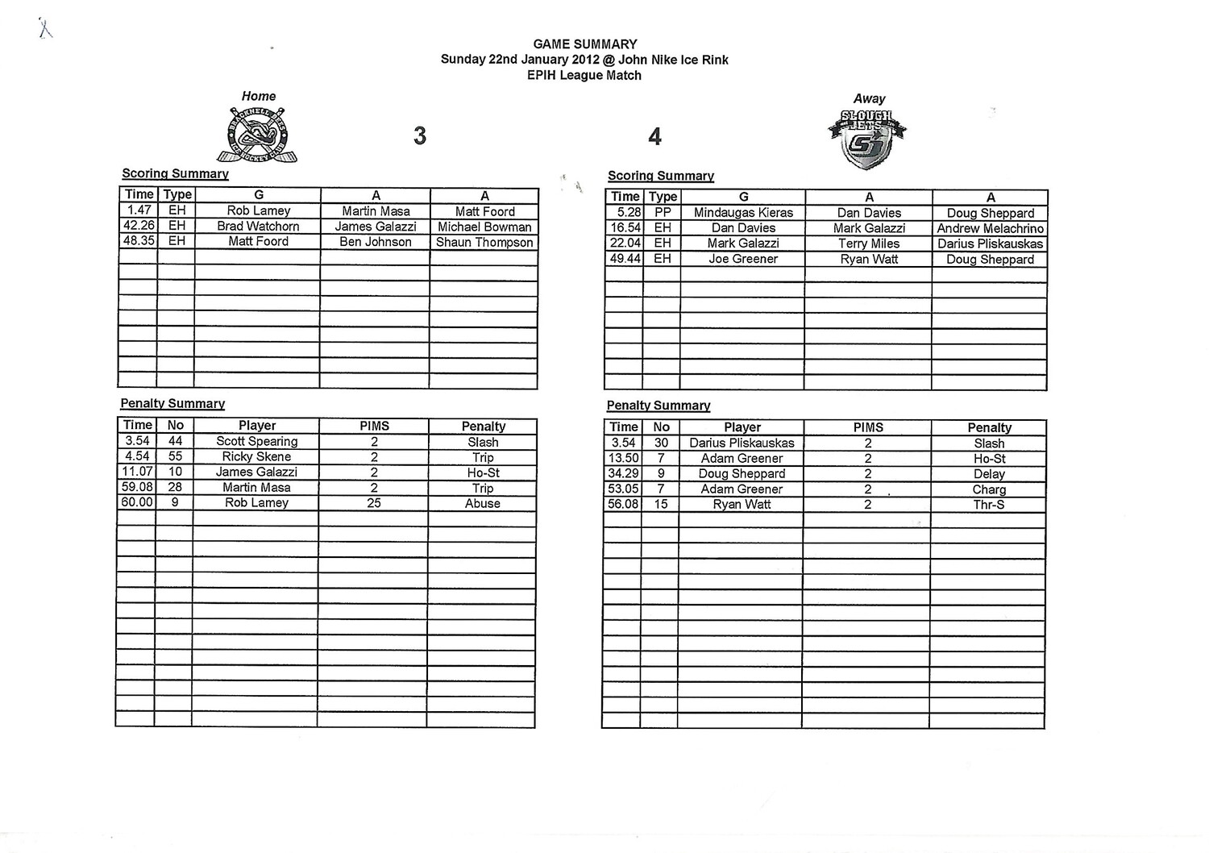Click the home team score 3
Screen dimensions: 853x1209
[x=419, y=135]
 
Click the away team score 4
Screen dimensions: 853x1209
[x=654, y=137]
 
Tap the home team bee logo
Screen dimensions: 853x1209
[x=257, y=135]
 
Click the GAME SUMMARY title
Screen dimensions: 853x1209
[x=584, y=44]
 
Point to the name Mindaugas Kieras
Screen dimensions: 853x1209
[x=743, y=213]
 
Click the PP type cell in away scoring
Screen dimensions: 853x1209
[x=663, y=213]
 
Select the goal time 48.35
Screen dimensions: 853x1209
[x=139, y=241]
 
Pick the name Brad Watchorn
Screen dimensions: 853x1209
[x=258, y=227]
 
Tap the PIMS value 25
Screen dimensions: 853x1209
[x=374, y=502]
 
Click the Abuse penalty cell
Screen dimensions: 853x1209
[x=482, y=503]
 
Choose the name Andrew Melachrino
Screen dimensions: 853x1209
[x=990, y=228]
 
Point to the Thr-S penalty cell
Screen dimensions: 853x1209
[x=989, y=505]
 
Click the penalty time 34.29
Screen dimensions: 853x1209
[x=623, y=473]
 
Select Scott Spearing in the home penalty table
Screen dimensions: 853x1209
[x=256, y=441]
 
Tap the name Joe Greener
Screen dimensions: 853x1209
[x=743, y=259]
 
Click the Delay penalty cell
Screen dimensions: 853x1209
[x=989, y=474]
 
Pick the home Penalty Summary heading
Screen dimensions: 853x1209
[x=172, y=403]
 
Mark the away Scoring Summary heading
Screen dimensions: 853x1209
[x=661, y=176]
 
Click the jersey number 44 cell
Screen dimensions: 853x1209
[x=175, y=441]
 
